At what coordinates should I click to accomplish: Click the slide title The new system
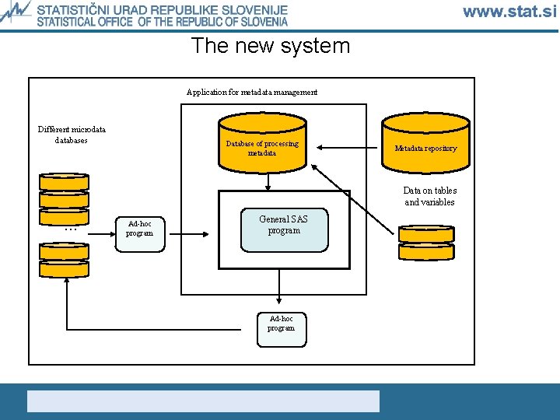[x=271, y=46]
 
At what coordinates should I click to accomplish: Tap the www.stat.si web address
[x=509, y=11]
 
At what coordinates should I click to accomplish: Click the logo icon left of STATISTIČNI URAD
[x=16, y=14]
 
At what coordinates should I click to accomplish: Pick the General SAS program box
[x=284, y=230]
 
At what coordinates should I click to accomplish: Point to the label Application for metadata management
[x=252, y=93]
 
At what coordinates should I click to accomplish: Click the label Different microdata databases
[x=72, y=135]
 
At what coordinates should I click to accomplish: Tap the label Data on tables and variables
[x=429, y=197]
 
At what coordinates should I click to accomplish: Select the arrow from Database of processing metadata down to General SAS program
[x=268, y=180]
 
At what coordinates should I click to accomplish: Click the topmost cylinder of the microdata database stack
[x=64, y=181]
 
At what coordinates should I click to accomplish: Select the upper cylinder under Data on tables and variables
[x=425, y=233]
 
